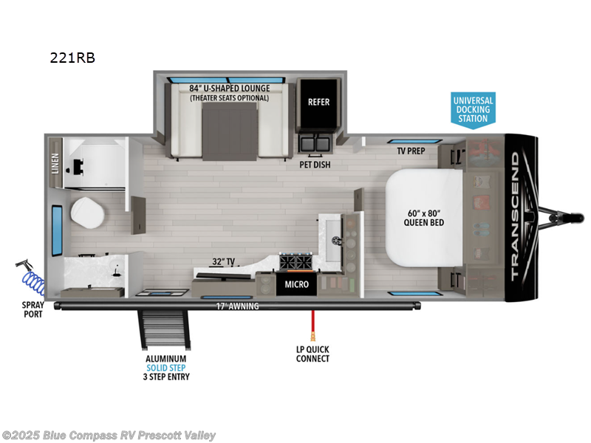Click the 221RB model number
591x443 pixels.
pyautogui.click(x=72, y=58)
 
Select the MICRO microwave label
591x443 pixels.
pyautogui.click(x=297, y=284)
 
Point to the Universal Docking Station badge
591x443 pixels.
pyautogui.click(x=473, y=109)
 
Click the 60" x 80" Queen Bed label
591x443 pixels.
pyautogui.click(x=423, y=218)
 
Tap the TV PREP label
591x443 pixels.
pyautogui.click(x=411, y=151)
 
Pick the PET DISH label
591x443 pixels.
pyautogui.click(x=315, y=165)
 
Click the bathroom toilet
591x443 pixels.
pyautogui.click(x=87, y=213)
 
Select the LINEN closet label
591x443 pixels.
pyautogui.click(x=55, y=163)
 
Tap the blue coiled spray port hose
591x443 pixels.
pyautogui.click(x=33, y=282)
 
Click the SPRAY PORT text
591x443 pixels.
pyautogui.click(x=33, y=309)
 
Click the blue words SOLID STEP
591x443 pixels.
pyautogui.click(x=165, y=368)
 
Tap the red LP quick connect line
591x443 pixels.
pyautogui.click(x=312, y=326)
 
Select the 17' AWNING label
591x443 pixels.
pyautogui.click(x=237, y=306)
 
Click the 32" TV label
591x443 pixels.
pyautogui.click(x=224, y=261)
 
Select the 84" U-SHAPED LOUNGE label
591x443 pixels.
pyautogui.click(x=230, y=88)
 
